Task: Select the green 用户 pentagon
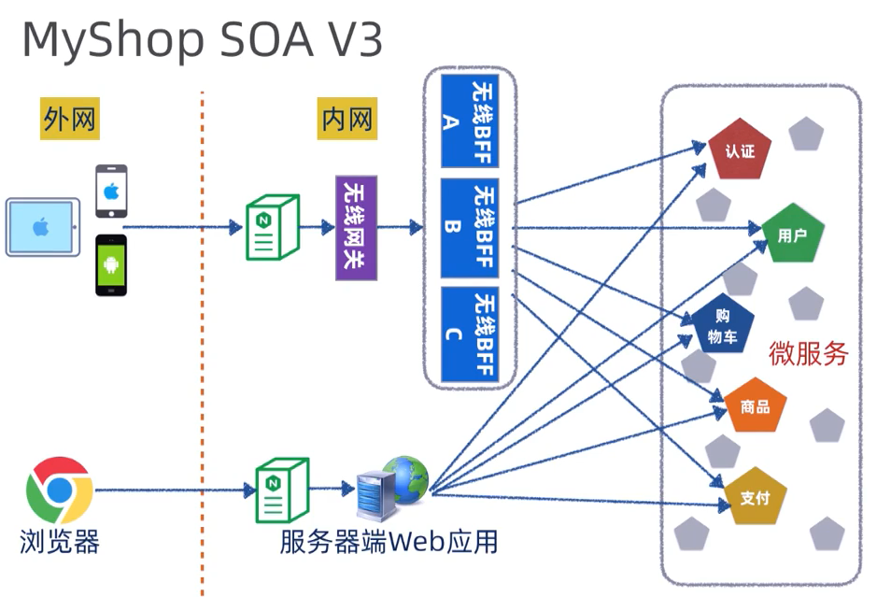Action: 792,235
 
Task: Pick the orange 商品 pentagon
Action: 755,406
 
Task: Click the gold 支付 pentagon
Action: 755,496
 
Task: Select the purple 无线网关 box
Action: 356,227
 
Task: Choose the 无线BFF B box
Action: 470,227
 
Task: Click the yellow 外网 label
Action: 69,118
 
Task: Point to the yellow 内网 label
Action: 347,118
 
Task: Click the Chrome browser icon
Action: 59,490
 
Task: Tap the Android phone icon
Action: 111,265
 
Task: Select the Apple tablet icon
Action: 42,227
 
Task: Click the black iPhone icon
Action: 111,192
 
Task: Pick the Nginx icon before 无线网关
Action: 272,227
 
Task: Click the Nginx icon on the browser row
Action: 281,489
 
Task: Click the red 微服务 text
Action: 808,354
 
